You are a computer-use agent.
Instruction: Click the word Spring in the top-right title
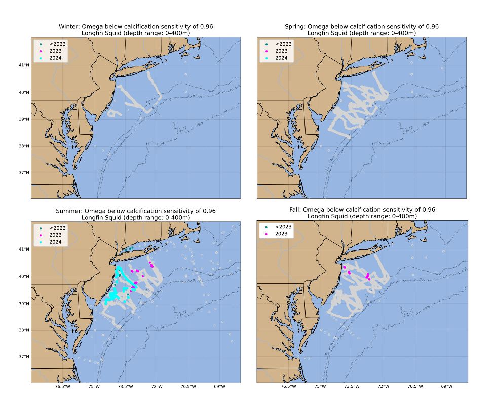pyautogui.click(x=295, y=26)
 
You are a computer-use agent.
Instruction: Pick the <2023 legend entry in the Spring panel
pyautogui.click(x=282, y=44)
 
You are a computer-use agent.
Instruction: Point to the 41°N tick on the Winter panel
pyautogui.click(x=24, y=65)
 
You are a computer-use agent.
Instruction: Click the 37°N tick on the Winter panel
pyautogui.click(x=24, y=173)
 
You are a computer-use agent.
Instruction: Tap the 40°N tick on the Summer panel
pyautogui.click(x=24, y=276)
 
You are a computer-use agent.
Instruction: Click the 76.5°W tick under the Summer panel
pyautogui.click(x=62, y=387)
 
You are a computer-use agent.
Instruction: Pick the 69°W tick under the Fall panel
pyautogui.click(x=447, y=387)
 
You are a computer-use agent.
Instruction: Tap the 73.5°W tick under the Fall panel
pyautogui.click(x=352, y=387)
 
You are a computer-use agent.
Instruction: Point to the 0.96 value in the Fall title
pyautogui.click(x=429, y=209)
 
